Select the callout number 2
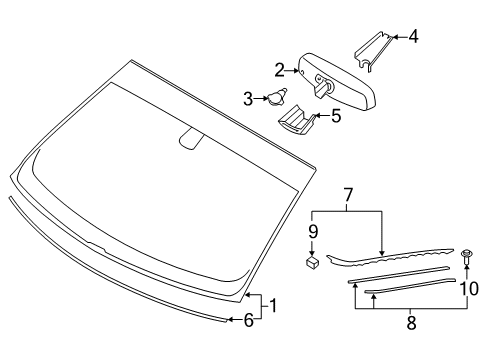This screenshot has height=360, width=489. pyautogui.click(x=281, y=69)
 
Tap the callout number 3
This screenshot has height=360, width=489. pyautogui.click(x=249, y=98)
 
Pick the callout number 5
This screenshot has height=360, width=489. pyautogui.click(x=335, y=115)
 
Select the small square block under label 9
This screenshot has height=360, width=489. pyautogui.click(x=312, y=265)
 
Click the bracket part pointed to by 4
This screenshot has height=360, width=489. pyautogui.click(x=374, y=51)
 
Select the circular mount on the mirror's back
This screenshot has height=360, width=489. pyautogui.click(x=320, y=83)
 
